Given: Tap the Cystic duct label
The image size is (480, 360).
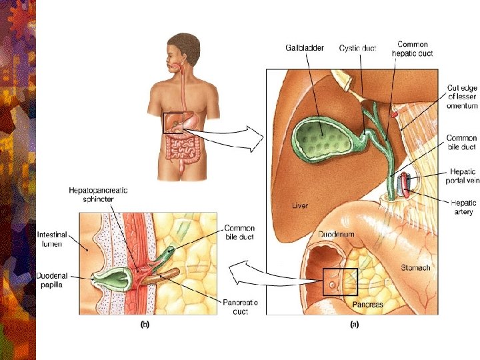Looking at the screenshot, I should pyautogui.click(x=359, y=48).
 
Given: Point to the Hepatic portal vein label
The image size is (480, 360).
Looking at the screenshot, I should pyautogui.click(x=462, y=175).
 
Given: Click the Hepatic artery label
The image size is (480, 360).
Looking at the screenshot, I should pyautogui.click(x=463, y=207).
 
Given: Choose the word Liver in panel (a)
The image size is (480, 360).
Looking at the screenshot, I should pyautogui.click(x=300, y=205).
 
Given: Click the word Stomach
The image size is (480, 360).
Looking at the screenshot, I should pyautogui.click(x=415, y=267).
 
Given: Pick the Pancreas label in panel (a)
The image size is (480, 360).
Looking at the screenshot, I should pyautogui.click(x=367, y=304).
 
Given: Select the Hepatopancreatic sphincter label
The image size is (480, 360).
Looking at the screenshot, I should pyautogui.click(x=98, y=194).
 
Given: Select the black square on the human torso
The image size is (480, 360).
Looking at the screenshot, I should pyautogui.click(x=173, y=123).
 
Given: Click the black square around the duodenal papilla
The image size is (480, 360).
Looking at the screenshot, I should pyautogui.click(x=340, y=281).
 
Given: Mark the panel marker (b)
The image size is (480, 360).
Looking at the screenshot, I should pyautogui.click(x=144, y=326).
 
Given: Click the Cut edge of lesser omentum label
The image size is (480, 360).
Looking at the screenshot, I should pyautogui.click(x=461, y=97).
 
